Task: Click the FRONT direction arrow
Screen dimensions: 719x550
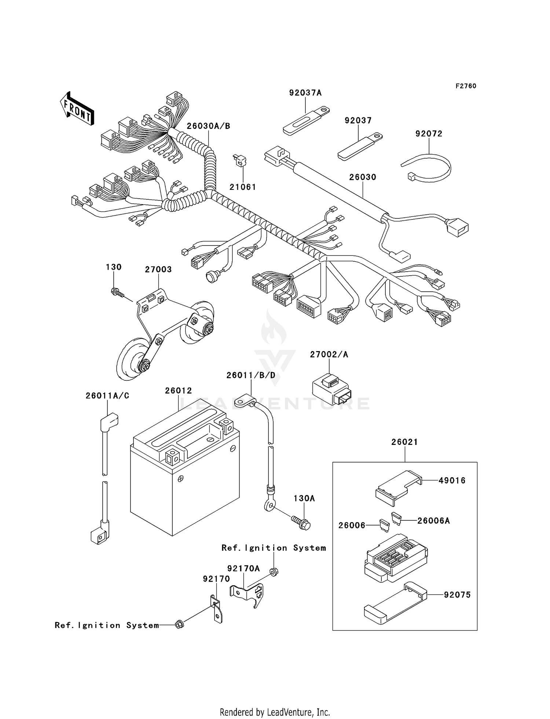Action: click(77, 109)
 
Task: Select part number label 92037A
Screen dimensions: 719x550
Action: click(305, 93)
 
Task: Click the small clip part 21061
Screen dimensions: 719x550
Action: click(240, 161)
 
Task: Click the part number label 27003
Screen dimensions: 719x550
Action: click(158, 269)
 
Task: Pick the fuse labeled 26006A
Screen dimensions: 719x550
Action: click(396, 518)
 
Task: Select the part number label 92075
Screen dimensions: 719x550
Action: click(457, 594)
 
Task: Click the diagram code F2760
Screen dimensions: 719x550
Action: click(466, 86)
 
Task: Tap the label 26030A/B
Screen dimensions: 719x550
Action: click(208, 126)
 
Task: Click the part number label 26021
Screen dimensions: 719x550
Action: click(404, 442)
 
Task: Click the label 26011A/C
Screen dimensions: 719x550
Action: click(107, 396)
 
